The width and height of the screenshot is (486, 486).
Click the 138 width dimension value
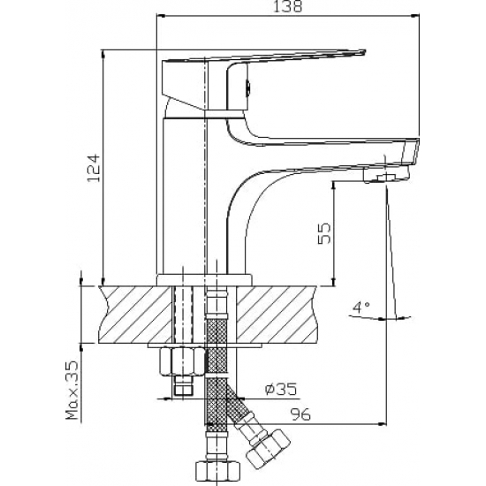pos(287,6)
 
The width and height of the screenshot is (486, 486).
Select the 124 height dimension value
pos(95,168)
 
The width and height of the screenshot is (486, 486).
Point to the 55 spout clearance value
pos(324,233)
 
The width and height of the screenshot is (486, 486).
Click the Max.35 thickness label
pos(72,390)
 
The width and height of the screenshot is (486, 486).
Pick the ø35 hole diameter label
pos(281,389)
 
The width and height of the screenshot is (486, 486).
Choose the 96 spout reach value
pos(300,414)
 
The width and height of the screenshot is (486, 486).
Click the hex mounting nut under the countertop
pos(182,361)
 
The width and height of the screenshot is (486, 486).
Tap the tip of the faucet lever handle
pos(365,51)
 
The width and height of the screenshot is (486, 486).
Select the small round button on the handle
pos(248,87)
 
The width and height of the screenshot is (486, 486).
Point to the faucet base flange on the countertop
pos(204,279)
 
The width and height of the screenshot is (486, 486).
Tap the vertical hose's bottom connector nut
pos(218,474)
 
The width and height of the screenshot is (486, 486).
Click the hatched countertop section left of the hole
pos(136,315)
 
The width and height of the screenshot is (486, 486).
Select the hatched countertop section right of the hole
pos(277,315)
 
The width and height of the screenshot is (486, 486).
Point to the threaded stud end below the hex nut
pos(183,385)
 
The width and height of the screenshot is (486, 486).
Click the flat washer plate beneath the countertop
pos(205,345)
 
